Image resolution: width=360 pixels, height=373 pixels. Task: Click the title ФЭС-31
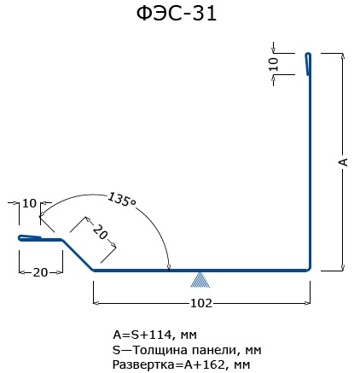click(x=177, y=14)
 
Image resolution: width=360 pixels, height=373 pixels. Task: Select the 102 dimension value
click(x=201, y=303)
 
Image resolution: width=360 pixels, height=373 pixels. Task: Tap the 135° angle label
click(x=122, y=200)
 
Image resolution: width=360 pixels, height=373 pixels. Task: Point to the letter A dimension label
click(x=343, y=161)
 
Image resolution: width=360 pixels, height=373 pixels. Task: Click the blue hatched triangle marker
click(x=200, y=280)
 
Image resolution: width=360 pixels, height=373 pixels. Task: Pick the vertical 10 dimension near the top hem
click(x=273, y=64)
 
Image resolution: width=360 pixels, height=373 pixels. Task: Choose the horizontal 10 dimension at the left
click(x=29, y=203)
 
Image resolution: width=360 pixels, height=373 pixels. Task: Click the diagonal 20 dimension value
click(x=101, y=231)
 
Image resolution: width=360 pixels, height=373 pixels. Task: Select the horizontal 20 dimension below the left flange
click(x=40, y=272)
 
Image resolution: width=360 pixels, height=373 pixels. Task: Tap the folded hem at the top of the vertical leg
click(x=308, y=64)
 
